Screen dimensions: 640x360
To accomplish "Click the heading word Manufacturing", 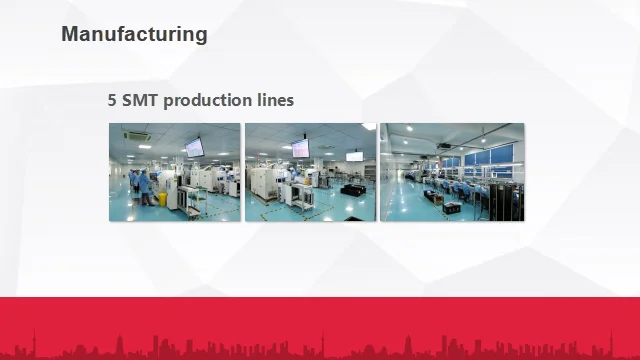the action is click(134, 34).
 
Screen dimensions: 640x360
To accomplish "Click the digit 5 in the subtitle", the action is click(112, 100).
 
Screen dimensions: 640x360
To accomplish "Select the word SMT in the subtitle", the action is click(140, 100).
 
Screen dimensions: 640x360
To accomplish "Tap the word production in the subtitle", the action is click(208, 101).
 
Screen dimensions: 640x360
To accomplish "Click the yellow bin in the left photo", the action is click(162, 199).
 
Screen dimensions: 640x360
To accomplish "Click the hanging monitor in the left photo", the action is click(195, 147).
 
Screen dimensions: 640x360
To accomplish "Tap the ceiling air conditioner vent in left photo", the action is click(137, 136).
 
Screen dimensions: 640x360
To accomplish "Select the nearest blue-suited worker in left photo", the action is click(146, 188).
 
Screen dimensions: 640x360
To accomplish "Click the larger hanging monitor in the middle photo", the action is click(300, 148).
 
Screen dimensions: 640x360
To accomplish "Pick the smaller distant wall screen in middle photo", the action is click(354, 157).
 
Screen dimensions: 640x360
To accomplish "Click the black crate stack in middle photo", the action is click(353, 189).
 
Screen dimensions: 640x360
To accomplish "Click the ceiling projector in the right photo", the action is click(444, 146).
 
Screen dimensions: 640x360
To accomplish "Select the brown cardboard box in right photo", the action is click(438, 200).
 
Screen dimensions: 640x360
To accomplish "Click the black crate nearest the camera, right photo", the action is click(451, 208).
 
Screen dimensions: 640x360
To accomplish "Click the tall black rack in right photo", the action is click(506, 202).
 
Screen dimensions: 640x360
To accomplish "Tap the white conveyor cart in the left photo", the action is click(192, 199).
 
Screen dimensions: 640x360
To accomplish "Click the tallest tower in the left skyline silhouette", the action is click(34, 343).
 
